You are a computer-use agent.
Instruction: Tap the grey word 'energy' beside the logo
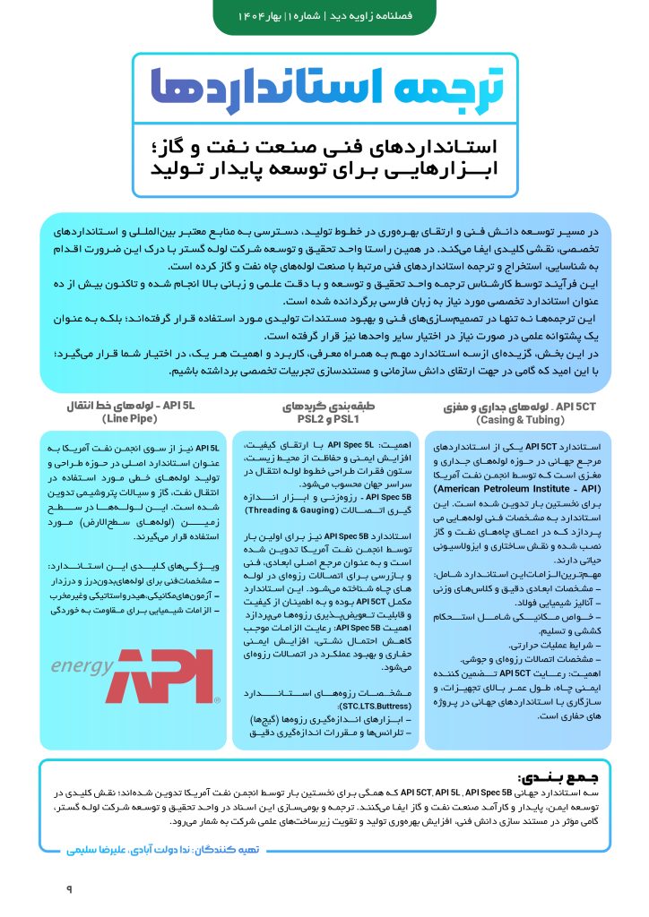pos(82,667)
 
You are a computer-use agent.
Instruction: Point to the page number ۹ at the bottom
pos(68,888)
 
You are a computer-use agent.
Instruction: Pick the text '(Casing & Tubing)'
pos(519,419)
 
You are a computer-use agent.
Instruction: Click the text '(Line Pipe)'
pos(130,419)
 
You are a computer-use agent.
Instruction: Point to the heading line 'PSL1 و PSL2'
pos(327,419)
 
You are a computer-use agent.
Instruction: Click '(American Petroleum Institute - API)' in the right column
pos(513,492)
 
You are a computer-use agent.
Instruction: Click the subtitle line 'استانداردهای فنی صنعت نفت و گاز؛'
pos(325,146)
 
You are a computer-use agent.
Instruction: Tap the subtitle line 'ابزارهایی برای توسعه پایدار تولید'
pos(325,170)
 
